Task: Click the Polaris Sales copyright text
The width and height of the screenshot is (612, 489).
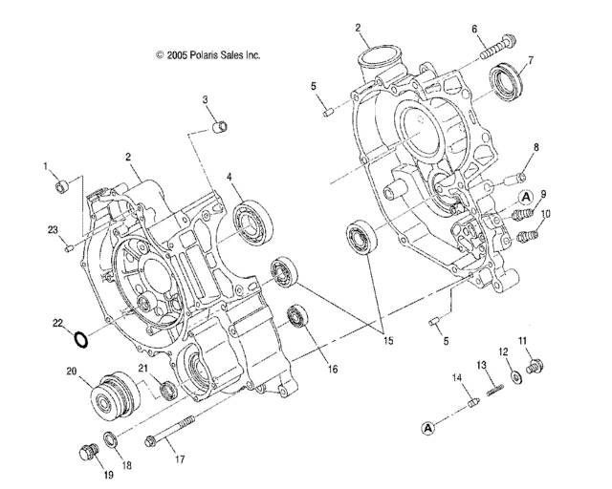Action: (x=208, y=55)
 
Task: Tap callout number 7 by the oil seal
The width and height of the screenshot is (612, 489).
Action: (x=531, y=60)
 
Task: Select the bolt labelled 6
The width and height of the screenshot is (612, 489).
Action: (x=497, y=47)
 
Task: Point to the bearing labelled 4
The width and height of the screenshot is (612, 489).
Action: (x=253, y=223)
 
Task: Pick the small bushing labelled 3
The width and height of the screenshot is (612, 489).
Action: (x=220, y=127)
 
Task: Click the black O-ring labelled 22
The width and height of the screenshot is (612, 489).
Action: (x=81, y=339)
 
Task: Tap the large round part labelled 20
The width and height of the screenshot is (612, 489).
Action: (x=115, y=396)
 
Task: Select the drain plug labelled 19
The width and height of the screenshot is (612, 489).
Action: (x=89, y=454)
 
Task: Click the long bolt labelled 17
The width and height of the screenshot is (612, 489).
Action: (x=170, y=432)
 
